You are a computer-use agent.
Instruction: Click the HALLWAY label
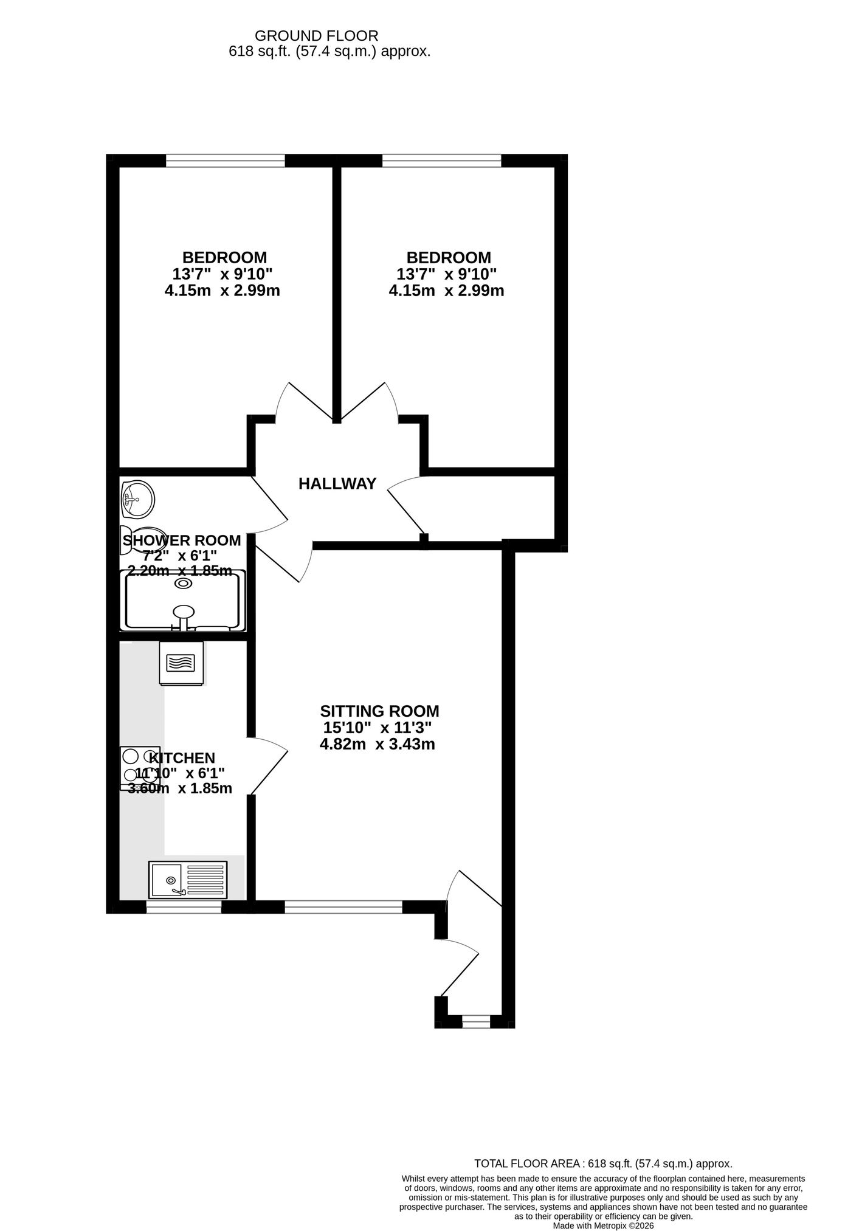click(x=337, y=484)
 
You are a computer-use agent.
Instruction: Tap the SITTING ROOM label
click(x=380, y=711)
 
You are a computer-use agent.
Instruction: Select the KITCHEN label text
click(x=182, y=758)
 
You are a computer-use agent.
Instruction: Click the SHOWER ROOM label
click(x=182, y=540)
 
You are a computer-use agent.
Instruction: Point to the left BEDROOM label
click(x=224, y=258)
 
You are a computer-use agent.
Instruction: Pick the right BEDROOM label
click(x=449, y=258)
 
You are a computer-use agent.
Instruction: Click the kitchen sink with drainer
click(x=188, y=880)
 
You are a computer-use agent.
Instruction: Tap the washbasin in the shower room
click(x=137, y=499)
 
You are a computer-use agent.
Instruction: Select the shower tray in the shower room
click(x=184, y=601)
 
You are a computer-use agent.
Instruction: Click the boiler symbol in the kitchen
click(x=181, y=663)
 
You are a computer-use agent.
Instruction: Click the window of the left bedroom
click(x=226, y=161)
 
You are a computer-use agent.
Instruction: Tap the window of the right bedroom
click(x=442, y=161)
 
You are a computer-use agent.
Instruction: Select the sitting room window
click(x=343, y=907)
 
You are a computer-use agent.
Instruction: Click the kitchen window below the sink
click(x=184, y=907)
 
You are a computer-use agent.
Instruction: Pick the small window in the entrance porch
click(x=476, y=1021)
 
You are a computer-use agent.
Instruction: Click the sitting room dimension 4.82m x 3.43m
click(x=378, y=744)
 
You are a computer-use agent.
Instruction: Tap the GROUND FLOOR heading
click(x=317, y=36)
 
